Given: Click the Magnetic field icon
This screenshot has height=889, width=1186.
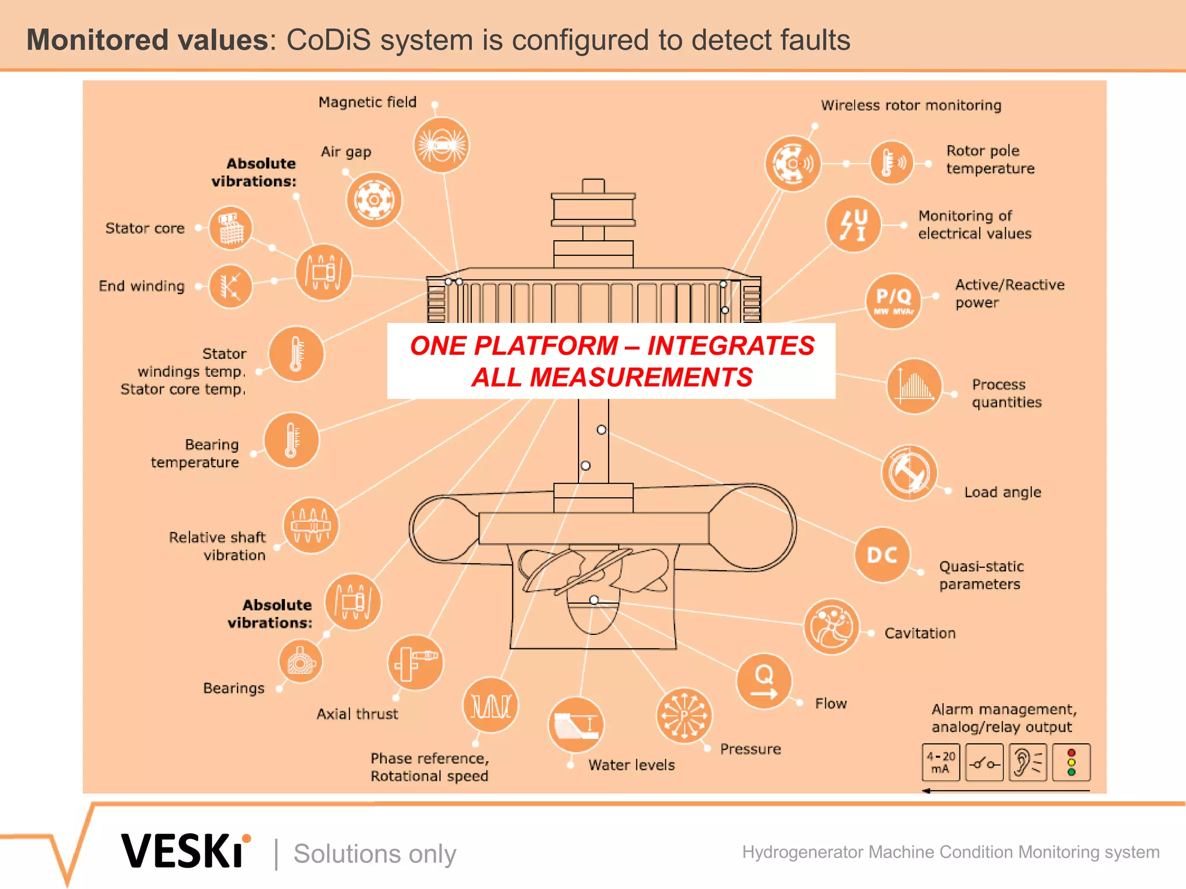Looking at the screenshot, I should [x=441, y=145].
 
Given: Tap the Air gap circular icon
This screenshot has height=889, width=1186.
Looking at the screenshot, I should [x=374, y=200].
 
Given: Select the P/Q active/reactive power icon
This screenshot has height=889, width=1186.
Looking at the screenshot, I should [x=894, y=301].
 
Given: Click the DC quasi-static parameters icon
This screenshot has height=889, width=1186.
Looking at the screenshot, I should [x=882, y=555].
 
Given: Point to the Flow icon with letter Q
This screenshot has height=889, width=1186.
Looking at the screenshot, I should [x=764, y=681].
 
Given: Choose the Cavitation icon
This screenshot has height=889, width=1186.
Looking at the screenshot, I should [x=832, y=627].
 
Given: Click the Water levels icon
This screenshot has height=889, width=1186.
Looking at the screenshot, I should [x=576, y=725].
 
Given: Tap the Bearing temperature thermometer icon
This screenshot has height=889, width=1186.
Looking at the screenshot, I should [x=292, y=440].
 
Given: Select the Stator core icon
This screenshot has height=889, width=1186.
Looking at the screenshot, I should [x=230, y=228].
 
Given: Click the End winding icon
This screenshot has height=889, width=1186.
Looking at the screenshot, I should [x=230, y=286].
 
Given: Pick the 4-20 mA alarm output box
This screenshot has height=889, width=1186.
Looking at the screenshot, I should [x=940, y=763].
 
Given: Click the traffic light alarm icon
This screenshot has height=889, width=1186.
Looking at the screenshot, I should [x=1071, y=763].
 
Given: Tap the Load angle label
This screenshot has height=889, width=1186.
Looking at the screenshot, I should [x=1002, y=492].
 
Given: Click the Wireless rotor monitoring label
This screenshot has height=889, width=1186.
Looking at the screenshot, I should [x=911, y=105].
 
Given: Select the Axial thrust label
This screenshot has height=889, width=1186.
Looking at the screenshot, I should [x=357, y=714].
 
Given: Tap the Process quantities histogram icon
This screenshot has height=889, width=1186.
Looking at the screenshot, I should [x=914, y=386].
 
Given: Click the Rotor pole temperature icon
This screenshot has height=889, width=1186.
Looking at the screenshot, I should [x=892, y=163].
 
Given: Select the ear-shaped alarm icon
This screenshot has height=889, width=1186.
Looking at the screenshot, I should [x=1027, y=763].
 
